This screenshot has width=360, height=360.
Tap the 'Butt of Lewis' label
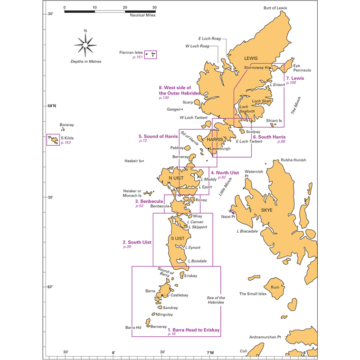coord(275,8)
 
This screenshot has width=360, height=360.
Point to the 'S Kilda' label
coord(67,138)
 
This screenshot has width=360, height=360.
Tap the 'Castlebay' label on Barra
coord(180,295)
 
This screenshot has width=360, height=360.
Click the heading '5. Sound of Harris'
coord(158,136)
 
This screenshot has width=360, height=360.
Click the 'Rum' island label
coord(275,287)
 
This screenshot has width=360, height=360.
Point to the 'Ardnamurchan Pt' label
coord(265,337)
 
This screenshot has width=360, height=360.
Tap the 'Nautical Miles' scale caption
coord(142,15)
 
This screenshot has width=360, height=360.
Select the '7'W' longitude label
coord(210,352)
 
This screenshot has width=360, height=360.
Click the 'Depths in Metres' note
coord(86,62)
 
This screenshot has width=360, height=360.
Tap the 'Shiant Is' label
coord(274,121)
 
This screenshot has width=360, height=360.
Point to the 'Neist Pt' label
coord(228,217)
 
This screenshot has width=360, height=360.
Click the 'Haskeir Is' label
coord(133,161)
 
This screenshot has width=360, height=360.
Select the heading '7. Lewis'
coord(295,78)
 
